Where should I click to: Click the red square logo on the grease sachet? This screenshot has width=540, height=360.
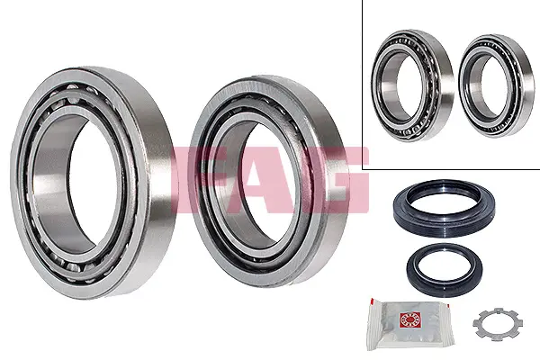(408, 320)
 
